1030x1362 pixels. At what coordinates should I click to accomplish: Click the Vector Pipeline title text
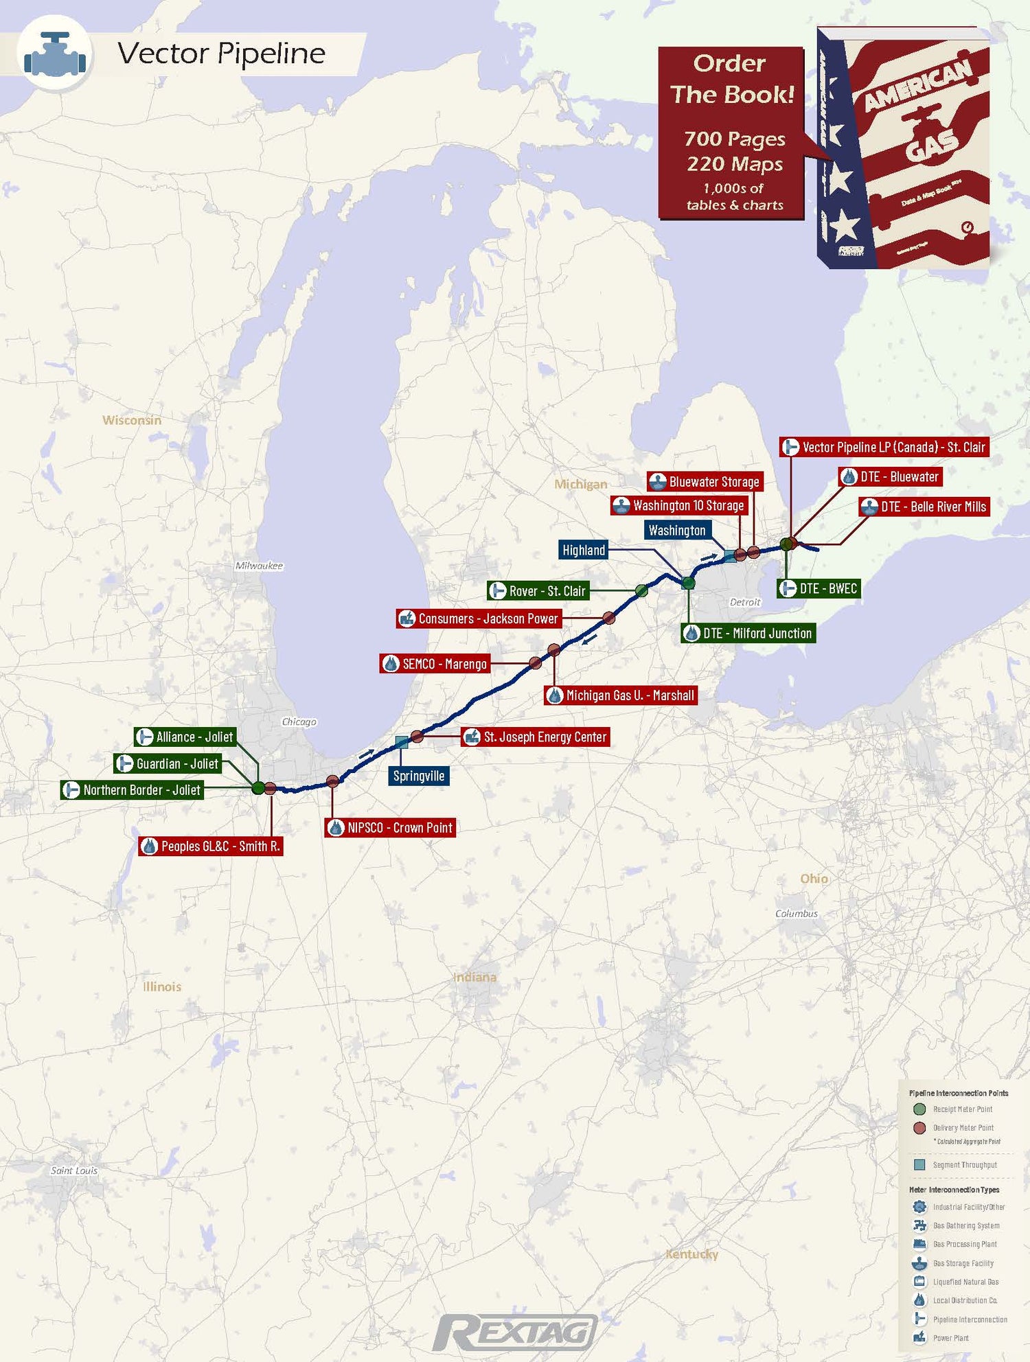point(221,54)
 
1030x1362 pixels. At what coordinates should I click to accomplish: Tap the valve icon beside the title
point(55,54)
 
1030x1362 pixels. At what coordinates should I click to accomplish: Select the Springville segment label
point(418,776)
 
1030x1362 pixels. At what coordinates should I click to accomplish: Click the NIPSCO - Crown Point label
point(391,828)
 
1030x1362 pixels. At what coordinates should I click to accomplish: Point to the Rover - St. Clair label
point(538,591)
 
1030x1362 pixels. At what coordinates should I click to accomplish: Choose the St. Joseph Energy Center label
point(536,737)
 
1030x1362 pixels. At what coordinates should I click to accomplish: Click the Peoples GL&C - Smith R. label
point(211,846)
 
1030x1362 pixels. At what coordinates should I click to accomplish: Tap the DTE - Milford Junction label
point(748,634)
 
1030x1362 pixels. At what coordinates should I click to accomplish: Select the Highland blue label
point(584,550)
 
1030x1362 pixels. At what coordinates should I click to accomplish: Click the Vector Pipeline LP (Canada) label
point(884,448)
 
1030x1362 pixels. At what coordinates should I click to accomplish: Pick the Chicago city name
point(299,722)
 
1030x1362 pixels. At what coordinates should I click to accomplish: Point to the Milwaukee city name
point(259,566)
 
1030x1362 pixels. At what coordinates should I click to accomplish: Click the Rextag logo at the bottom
point(515,1332)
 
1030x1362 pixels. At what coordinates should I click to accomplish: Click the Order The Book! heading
point(731,79)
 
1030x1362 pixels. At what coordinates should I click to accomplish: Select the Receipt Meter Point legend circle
point(919,1109)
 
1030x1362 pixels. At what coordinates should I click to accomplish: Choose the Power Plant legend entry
point(950,1338)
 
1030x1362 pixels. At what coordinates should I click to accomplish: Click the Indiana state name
point(474,977)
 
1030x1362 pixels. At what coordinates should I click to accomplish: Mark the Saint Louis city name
point(74,1170)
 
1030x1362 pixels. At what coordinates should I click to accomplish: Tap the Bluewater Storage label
point(705,482)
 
